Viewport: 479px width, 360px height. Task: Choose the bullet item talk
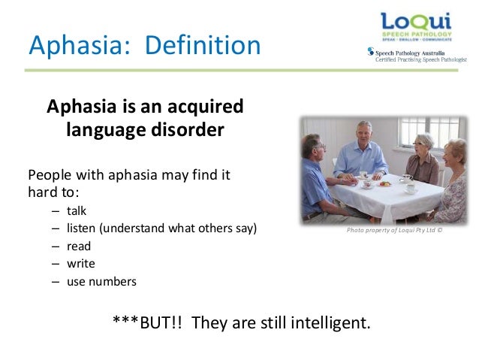(x=77, y=210)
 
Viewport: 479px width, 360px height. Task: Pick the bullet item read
(x=78, y=246)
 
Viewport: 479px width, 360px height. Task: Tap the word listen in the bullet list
(x=81, y=228)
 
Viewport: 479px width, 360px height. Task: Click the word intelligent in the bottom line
(x=327, y=323)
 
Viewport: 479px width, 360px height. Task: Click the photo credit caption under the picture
(x=394, y=231)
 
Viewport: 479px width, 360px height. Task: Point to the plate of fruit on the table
(x=384, y=183)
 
